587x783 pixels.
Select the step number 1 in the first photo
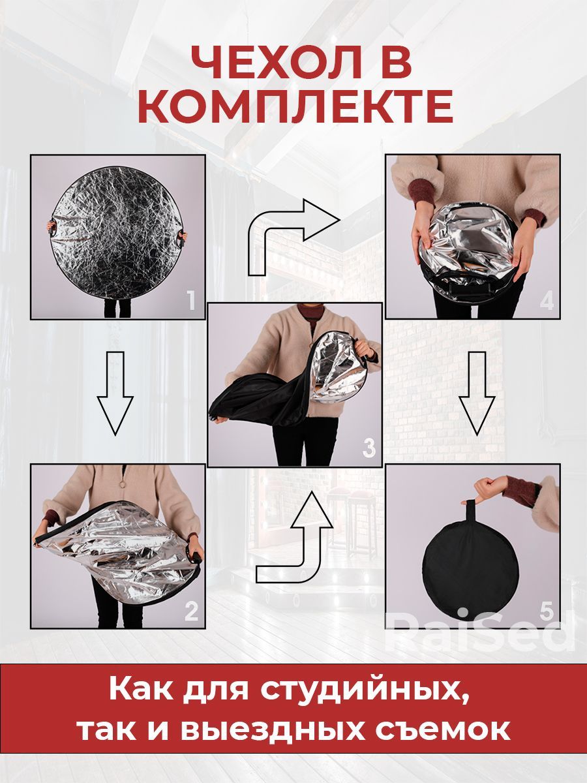[191, 300]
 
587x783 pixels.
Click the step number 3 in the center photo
[369, 448]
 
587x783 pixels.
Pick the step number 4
[547, 300]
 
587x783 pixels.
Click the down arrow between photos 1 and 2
[115, 393]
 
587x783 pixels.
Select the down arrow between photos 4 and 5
[477, 393]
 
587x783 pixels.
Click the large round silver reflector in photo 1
[117, 232]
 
